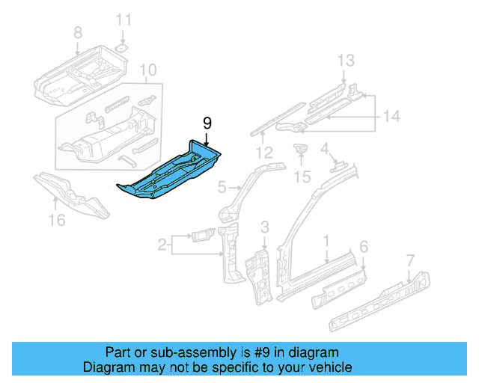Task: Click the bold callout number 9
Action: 207,123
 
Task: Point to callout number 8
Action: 77,32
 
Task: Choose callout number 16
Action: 57,219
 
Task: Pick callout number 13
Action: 344,61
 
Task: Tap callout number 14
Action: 392,116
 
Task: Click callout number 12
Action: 262,153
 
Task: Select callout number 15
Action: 302,177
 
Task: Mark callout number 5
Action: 222,187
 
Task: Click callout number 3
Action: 264,227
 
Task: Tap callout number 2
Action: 162,243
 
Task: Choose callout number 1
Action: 326,240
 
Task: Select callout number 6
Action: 364,246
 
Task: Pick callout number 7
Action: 409,260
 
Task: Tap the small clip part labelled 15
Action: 301,150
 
